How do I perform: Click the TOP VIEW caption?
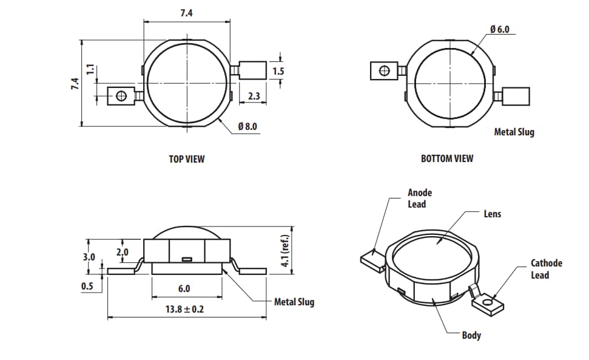tap(186, 159)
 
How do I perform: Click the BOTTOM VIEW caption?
tap(447, 158)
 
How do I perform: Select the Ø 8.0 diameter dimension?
tap(247, 126)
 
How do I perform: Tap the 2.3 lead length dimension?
tap(254, 96)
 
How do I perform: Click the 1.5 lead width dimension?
tap(278, 71)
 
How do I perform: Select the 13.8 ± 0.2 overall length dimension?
tap(186, 309)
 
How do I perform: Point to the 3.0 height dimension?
tap(89, 257)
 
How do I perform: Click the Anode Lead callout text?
tap(420, 199)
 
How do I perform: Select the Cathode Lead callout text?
tap(546, 269)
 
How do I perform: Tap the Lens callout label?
tap(492, 214)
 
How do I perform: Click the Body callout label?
tap(471, 335)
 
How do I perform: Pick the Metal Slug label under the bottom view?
tap(514, 132)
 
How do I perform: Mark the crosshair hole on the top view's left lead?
tap(121, 95)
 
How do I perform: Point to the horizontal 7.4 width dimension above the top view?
tap(186, 14)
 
